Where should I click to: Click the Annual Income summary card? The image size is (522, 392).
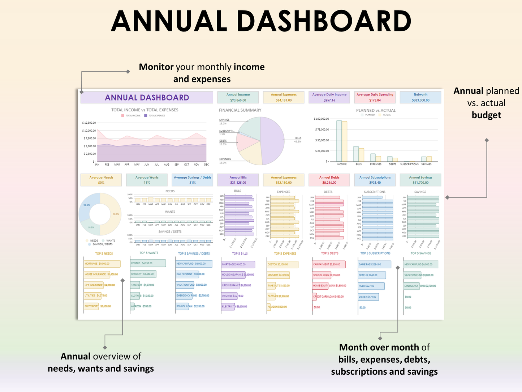click(238, 97)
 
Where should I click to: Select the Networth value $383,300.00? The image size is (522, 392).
click(420, 101)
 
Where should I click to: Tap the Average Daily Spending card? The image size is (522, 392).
click(375, 97)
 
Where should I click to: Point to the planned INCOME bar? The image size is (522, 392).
click(339, 141)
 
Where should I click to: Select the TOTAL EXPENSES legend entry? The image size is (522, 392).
click(155, 116)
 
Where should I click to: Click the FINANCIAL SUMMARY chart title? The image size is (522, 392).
click(240, 110)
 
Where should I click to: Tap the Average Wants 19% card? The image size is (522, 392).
click(147, 180)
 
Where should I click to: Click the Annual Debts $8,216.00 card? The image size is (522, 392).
click(329, 180)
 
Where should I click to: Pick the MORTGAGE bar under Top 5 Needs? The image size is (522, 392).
click(102, 264)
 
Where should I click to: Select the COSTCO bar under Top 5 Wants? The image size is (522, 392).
click(148, 263)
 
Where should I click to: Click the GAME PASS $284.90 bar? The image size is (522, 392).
click(374, 264)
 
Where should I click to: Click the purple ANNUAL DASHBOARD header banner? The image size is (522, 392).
click(147, 98)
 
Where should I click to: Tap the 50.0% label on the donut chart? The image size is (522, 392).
click(116, 214)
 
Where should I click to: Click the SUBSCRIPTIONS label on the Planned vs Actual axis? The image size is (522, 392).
click(409, 165)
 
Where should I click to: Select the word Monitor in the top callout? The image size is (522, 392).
click(156, 67)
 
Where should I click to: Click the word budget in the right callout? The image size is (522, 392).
click(486, 115)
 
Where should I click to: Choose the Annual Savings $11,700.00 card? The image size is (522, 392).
click(420, 180)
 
